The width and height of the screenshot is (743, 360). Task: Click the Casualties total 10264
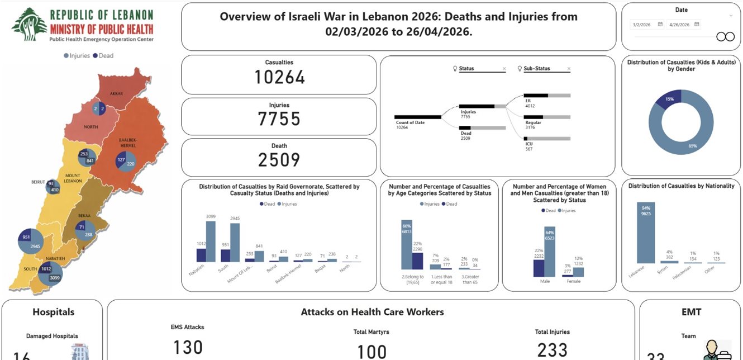(x=279, y=77)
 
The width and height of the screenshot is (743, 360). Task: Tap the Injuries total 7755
(x=279, y=119)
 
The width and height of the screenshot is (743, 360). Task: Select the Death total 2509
(x=279, y=160)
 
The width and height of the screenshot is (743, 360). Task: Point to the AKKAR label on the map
(x=116, y=93)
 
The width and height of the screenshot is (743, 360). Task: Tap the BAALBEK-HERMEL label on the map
(x=128, y=142)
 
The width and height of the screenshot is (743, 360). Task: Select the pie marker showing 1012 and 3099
(x=50, y=273)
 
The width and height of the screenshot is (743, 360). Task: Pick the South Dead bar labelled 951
(x=226, y=255)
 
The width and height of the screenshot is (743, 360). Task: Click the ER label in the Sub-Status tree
(x=528, y=101)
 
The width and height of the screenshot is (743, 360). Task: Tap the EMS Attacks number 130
(x=188, y=347)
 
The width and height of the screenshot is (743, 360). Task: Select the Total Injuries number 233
(x=552, y=350)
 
